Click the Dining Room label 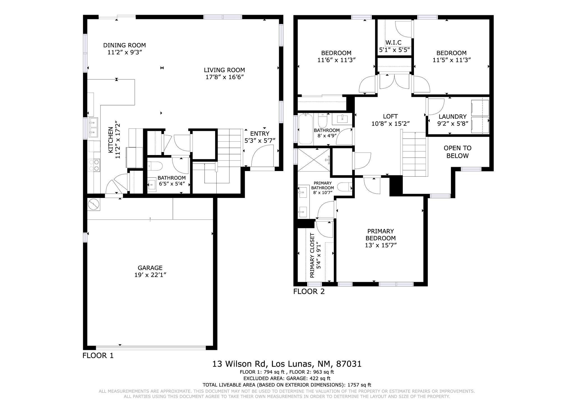(124, 45)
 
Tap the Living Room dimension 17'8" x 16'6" (224, 77)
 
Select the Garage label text (150, 268)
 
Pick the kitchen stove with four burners (94, 165)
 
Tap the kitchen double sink (93, 127)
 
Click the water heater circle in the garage (93, 204)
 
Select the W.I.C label (394, 42)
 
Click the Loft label (390, 116)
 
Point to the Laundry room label (453, 117)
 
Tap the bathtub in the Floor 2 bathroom (305, 129)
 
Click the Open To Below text (457, 152)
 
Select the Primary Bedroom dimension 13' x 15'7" (381, 245)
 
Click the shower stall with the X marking (314, 160)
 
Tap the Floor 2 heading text (309, 292)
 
